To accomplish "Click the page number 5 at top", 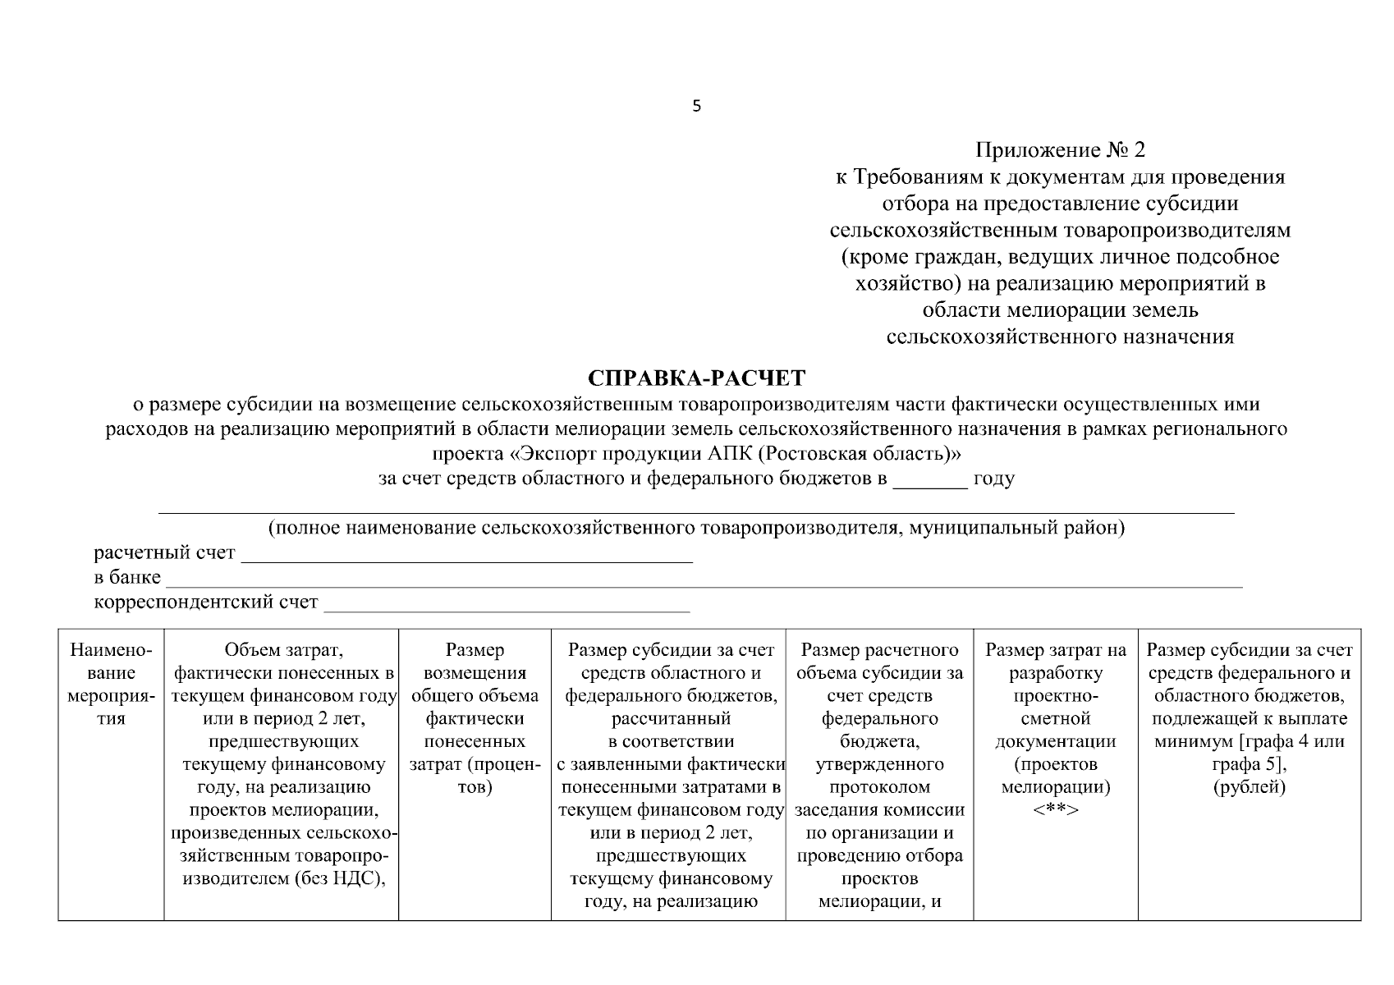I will tap(697, 106).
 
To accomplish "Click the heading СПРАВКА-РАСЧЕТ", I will tap(697, 378).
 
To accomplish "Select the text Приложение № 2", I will tap(1059, 150).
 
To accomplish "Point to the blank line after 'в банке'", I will tap(703, 580).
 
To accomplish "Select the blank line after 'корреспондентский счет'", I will tap(507, 604).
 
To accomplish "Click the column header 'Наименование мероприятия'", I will tap(111, 685).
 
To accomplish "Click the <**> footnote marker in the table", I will tap(1055, 810).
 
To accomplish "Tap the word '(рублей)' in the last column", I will tap(1249, 787).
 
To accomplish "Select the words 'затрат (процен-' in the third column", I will tap(475, 764).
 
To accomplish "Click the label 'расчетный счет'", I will tap(164, 553).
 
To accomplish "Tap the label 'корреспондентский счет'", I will tap(206, 602).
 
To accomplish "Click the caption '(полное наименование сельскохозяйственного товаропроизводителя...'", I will tap(696, 528).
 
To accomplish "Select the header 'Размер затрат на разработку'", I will tap(1055, 662).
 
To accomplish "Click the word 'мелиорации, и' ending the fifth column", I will tap(879, 901).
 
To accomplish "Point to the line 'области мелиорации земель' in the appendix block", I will tap(1060, 310).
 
